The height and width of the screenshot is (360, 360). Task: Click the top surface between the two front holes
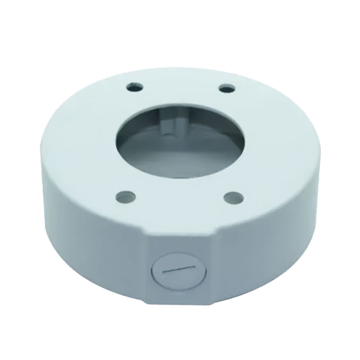[x=180, y=202]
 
